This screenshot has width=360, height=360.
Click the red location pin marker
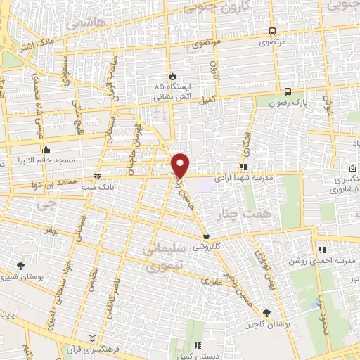point(181,165)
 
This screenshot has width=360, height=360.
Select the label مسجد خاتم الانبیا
point(46,160)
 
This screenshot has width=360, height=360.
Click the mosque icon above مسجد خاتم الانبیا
point(46,149)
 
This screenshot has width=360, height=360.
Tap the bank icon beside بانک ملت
point(97,176)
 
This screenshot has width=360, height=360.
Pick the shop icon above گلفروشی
point(205,236)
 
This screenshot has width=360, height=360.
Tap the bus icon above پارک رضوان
point(288,92)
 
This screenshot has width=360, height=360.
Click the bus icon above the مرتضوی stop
point(272,31)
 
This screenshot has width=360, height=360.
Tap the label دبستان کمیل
point(198,355)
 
